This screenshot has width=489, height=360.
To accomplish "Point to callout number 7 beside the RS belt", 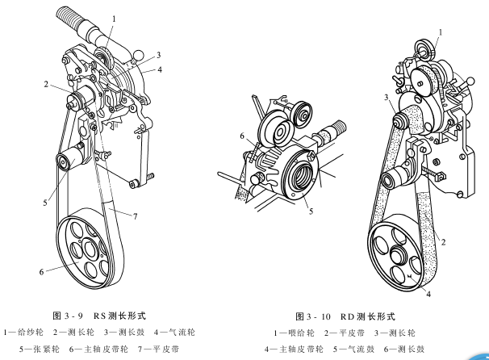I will [136, 216].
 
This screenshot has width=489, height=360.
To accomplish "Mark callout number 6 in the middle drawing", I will [241, 136].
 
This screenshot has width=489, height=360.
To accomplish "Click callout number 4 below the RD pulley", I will [428, 295].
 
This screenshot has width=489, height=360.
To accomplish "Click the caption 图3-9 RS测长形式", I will [108, 316].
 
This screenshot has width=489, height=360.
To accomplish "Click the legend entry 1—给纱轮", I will [23, 332].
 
